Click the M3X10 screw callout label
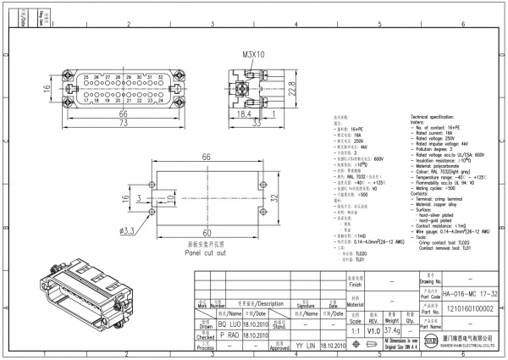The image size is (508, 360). pos(253,54)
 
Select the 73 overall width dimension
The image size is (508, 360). pos(123,123)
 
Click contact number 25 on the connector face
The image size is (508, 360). pos(87,77)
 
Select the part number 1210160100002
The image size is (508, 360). pos(469,311)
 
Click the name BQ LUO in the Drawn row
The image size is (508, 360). pos(230,324)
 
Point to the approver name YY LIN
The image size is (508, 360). pos(306,346)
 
